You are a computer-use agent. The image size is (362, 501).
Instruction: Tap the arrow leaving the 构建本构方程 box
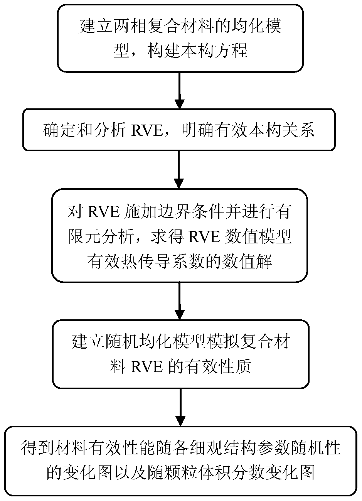180,91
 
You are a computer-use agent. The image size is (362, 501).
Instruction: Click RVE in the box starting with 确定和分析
146,130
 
